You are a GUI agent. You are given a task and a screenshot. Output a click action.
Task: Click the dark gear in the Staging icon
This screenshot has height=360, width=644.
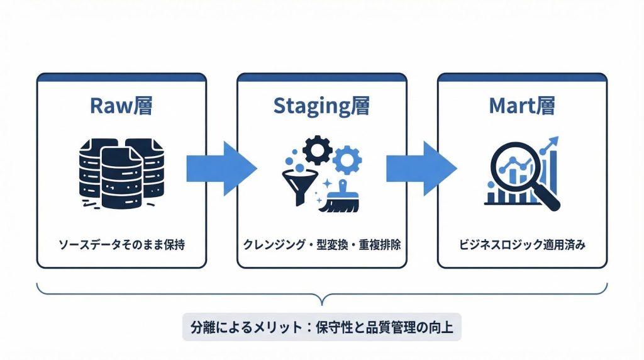(x=316, y=150)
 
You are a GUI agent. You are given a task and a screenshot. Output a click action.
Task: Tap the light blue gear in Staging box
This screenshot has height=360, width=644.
(x=347, y=160)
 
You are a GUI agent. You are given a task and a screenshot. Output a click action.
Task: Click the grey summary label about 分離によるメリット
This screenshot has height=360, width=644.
(x=321, y=327)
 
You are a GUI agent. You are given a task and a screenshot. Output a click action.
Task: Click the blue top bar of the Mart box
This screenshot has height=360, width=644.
(x=522, y=77)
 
